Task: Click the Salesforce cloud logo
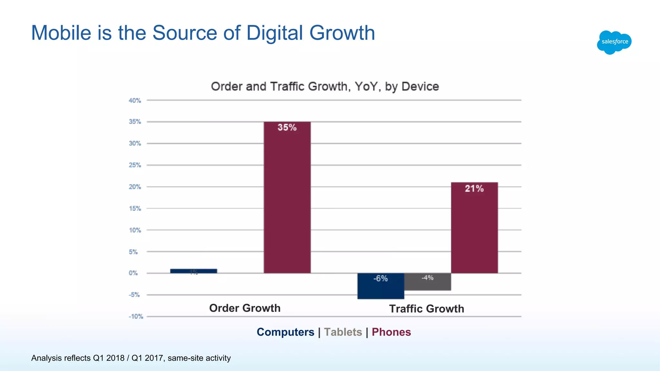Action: tap(614, 42)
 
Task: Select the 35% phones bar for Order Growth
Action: tap(287, 197)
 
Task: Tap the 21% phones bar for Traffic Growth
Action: tap(474, 227)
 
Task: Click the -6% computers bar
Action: tap(381, 286)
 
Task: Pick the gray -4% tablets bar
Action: tap(427, 282)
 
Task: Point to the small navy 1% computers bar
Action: tap(193, 271)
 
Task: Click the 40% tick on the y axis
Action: tap(135, 100)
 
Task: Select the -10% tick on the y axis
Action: tap(136, 317)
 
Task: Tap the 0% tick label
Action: tap(133, 273)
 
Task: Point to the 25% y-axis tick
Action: tap(135, 165)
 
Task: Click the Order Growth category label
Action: tap(245, 308)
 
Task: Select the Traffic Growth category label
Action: tap(426, 309)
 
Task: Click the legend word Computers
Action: tap(285, 332)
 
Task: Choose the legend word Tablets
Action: tap(343, 332)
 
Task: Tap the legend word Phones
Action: tap(391, 332)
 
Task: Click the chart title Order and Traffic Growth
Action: tap(325, 87)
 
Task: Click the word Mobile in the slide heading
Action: tap(61, 33)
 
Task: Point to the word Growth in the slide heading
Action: tap(342, 33)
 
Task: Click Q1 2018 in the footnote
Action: tap(109, 358)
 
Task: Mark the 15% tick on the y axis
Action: tap(135, 209)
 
